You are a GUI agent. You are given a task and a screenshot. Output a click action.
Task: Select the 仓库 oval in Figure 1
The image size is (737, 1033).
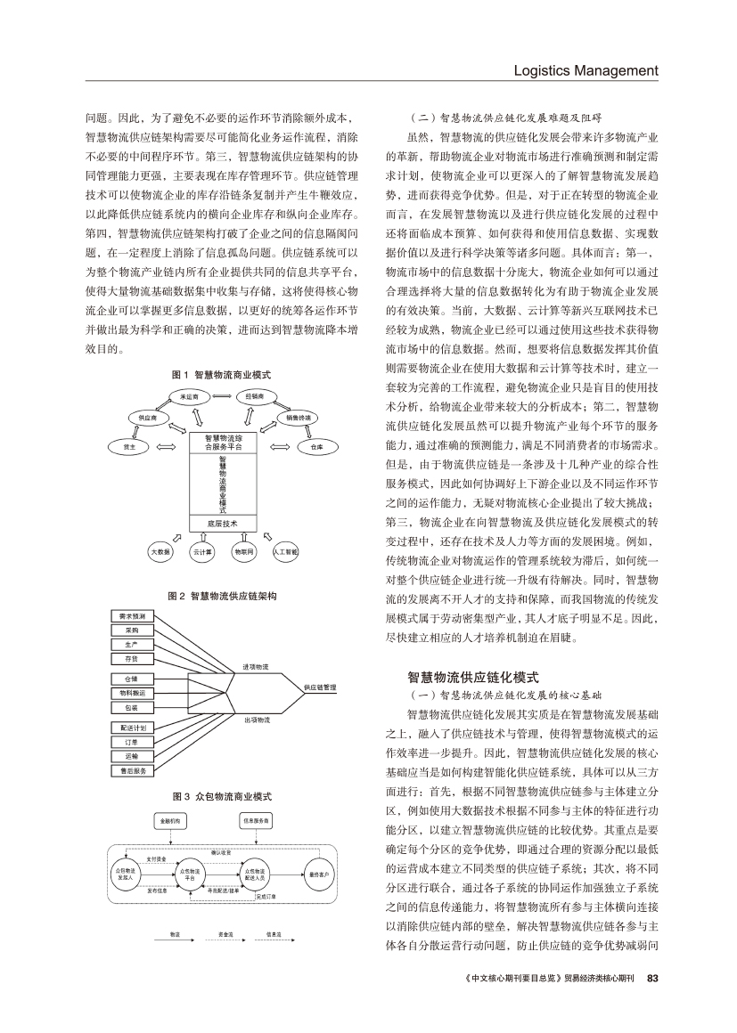tap(317, 448)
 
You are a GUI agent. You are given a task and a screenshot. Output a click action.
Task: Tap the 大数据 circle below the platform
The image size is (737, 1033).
tap(160, 552)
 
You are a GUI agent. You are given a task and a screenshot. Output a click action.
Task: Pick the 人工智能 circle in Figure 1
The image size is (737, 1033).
tap(290, 552)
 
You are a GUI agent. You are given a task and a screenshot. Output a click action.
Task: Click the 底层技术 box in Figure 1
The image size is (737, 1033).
tap(223, 523)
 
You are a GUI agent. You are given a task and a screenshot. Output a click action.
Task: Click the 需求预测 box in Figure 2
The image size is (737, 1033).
tap(132, 616)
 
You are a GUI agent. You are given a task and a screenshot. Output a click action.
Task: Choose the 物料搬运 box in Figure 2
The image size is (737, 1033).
tap(132, 692)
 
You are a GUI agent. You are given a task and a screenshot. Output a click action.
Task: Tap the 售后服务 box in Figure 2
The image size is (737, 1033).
tap(132, 769)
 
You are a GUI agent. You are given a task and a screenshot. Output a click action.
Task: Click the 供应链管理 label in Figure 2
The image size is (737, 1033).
tap(319, 687)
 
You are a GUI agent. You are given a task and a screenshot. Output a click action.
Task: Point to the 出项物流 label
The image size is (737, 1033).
tap(257, 719)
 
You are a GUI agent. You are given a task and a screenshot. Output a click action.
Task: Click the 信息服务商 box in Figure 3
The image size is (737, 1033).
tap(257, 819)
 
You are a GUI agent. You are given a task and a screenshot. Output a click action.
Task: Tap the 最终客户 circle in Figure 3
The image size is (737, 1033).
tap(317, 875)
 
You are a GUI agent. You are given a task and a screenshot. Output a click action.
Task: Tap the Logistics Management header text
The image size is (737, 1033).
tap(586, 70)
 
